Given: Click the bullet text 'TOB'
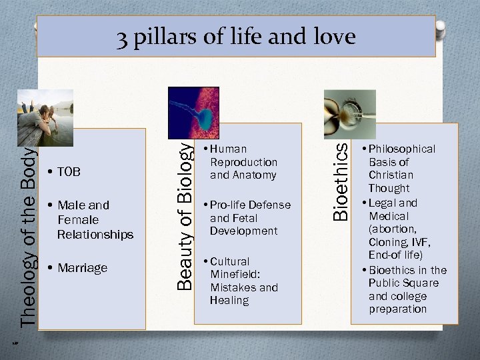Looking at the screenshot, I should coord(69,172).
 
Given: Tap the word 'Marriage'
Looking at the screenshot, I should coord(82,268).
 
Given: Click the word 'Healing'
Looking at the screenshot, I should coord(229,301).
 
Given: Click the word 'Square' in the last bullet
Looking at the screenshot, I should coord(421,283).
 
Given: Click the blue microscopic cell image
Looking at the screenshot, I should coord(193,111).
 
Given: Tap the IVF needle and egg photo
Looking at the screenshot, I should coord(349,107).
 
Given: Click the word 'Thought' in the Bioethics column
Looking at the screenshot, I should coord(389,189).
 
